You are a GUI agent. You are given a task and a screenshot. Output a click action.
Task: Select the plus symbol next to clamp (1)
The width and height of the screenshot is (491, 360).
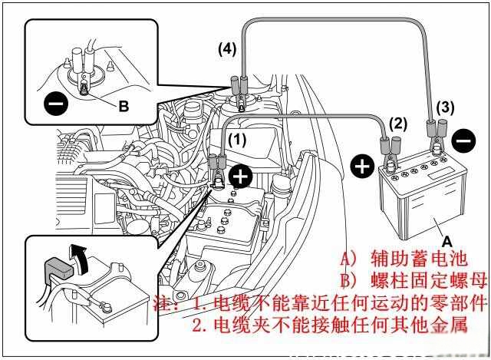tap(241, 177)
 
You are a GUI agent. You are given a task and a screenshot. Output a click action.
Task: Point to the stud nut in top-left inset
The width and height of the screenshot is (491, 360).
tap(82, 84)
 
